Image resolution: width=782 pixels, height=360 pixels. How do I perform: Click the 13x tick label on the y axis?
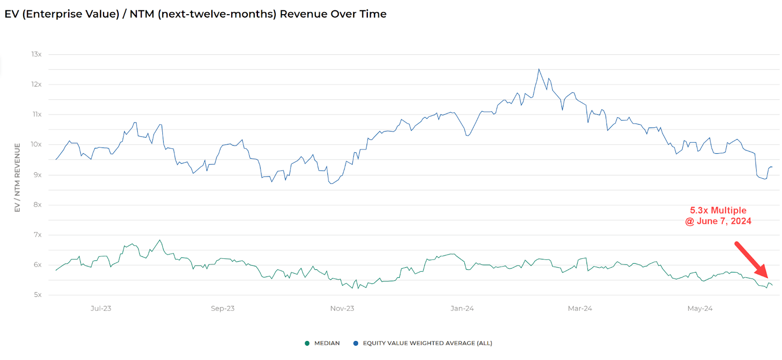coord(36,54)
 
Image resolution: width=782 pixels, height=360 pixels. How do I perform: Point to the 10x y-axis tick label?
coord(36,145)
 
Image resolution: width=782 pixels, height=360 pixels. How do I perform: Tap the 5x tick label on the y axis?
coord(38,295)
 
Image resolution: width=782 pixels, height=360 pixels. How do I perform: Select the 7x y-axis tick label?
coord(38,235)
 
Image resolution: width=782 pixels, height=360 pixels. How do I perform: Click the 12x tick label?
coord(36,85)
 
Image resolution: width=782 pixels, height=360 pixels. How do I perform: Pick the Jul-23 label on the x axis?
coord(101,309)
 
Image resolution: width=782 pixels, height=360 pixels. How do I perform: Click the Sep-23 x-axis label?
coord(222,309)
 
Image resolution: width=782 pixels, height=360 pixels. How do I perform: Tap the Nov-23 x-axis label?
coord(342,309)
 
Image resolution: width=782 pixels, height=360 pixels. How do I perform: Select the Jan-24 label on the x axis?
coord(462,309)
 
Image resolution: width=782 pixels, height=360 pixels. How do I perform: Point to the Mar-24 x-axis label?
coord(580,309)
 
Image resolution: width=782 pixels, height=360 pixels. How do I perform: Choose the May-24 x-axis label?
coord(700,309)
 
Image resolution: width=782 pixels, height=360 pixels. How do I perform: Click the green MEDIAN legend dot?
coord(307,343)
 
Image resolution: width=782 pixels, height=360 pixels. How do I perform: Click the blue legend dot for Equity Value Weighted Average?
coord(356,343)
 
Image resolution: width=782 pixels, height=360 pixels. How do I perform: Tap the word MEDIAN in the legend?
coord(327,343)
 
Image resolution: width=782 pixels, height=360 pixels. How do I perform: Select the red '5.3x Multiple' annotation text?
coord(718,211)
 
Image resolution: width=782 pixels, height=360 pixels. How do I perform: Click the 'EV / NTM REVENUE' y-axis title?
coord(18,178)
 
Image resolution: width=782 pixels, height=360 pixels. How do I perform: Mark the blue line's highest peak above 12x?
coord(539,69)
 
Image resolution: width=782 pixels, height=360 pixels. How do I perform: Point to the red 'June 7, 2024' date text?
coord(724,221)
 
